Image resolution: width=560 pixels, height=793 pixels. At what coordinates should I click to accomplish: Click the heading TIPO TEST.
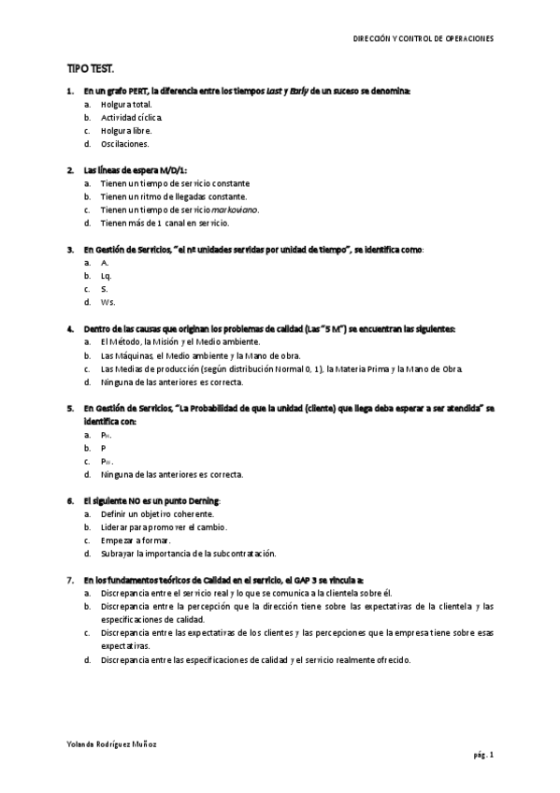[91, 69]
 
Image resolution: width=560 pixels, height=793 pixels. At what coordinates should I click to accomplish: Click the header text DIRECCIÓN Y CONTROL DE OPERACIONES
[423, 39]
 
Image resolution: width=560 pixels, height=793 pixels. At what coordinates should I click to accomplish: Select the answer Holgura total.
[126, 105]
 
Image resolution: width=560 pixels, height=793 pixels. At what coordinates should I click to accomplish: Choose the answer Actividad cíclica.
[132, 118]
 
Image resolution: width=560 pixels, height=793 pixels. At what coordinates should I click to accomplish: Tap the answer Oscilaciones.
[125, 144]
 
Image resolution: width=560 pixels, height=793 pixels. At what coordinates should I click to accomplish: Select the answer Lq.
[106, 277]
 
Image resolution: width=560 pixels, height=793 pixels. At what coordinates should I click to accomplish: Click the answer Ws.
[108, 303]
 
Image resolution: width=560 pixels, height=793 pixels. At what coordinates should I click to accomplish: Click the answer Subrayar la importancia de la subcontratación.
[189, 554]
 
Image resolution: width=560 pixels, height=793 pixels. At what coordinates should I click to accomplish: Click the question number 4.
[70, 329]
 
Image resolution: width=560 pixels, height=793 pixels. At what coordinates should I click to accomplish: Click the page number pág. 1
[483, 755]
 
